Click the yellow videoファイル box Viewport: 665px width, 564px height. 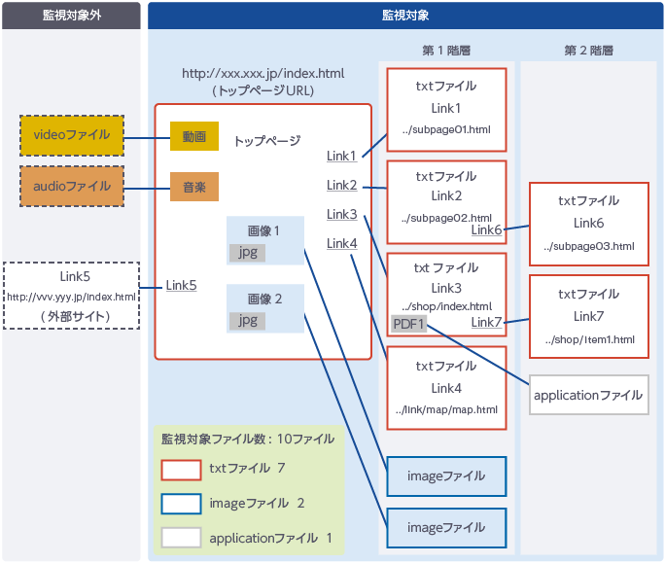click(x=72, y=135)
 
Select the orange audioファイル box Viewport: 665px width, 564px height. click(x=72, y=186)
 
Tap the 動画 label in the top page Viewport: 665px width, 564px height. click(x=193, y=137)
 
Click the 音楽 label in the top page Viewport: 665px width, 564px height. click(x=193, y=186)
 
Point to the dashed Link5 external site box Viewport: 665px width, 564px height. click(x=71, y=295)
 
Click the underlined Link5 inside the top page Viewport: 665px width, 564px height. click(x=181, y=285)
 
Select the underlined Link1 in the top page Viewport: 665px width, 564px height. click(x=341, y=157)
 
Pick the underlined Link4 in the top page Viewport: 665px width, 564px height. click(x=341, y=243)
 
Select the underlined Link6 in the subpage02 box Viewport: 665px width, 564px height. click(x=486, y=230)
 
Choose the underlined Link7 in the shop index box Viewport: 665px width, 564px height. click(x=486, y=322)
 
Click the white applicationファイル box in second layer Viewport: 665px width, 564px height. click(x=588, y=395)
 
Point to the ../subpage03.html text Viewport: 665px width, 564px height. click(x=590, y=247)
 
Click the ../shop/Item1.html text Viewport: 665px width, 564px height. click(x=590, y=339)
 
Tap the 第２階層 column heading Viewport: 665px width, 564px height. click(x=588, y=51)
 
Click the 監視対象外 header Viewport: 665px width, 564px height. click(x=71, y=16)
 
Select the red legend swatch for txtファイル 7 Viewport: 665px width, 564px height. click(x=181, y=469)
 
